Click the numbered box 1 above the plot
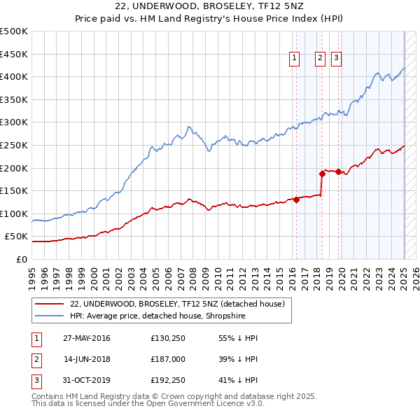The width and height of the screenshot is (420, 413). click(294, 59)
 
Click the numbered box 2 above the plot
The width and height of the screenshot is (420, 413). click(320, 59)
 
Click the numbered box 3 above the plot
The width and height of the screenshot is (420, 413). click(337, 59)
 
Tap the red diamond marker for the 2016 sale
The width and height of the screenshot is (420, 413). click(296, 199)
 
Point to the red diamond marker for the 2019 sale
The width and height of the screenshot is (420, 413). click(339, 171)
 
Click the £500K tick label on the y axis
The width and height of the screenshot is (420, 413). click(14, 31)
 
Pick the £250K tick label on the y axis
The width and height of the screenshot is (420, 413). click(14, 145)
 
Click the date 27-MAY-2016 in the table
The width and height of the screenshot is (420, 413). click(87, 338)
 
